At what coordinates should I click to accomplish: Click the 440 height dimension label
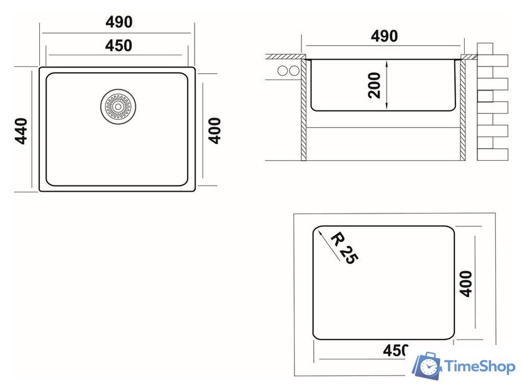22,131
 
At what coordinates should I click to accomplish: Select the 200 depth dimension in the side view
374,85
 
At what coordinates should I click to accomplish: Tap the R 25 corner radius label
344,248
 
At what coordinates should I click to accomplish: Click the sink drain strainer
118,106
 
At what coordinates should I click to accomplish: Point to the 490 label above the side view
385,36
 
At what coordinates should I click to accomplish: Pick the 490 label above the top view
119,22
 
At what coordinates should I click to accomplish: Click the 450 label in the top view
119,45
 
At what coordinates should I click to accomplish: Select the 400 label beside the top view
215,130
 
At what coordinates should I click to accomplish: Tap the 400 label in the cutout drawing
465,284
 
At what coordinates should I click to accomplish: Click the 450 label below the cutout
395,350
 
